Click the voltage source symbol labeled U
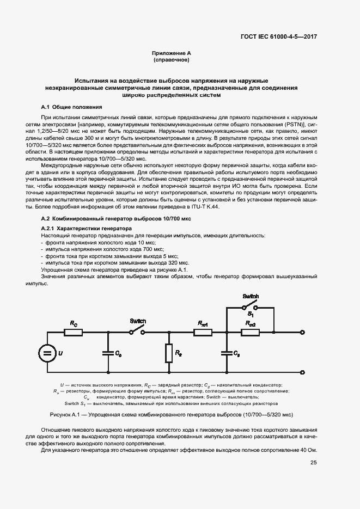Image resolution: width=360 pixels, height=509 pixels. (48, 353)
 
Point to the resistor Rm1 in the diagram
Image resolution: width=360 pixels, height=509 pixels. (204, 332)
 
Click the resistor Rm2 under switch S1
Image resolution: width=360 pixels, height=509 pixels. (251, 332)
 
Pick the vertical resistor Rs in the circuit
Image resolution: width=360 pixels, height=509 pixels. (169, 353)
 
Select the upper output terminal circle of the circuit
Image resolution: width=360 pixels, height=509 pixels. (303, 332)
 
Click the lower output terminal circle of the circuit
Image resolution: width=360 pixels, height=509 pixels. (303, 372)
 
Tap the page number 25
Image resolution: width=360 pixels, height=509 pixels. (313, 463)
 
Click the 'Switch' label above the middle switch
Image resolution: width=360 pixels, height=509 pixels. (137, 321)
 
